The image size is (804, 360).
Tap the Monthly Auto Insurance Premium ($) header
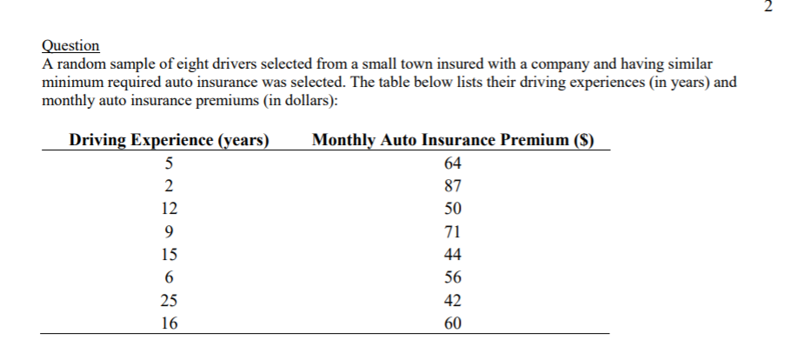coord(452,139)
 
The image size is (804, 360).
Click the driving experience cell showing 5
coord(169,163)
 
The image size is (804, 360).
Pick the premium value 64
coord(452,163)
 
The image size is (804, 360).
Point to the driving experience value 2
coord(169,185)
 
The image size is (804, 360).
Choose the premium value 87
coord(452,185)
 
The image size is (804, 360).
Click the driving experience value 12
coord(169,209)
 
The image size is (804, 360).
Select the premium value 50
coord(452,209)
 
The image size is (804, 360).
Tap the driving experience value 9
coord(169,231)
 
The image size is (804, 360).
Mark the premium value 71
coord(452,231)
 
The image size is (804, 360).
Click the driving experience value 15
coord(169,255)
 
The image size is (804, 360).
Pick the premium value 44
coord(452,255)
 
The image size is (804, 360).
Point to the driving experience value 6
coord(169,277)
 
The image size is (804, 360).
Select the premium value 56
coord(452,277)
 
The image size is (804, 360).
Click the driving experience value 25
coord(169,301)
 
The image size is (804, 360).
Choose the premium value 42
coord(452,301)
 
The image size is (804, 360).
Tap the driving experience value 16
coord(169,323)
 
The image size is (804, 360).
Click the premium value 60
coord(452,323)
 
